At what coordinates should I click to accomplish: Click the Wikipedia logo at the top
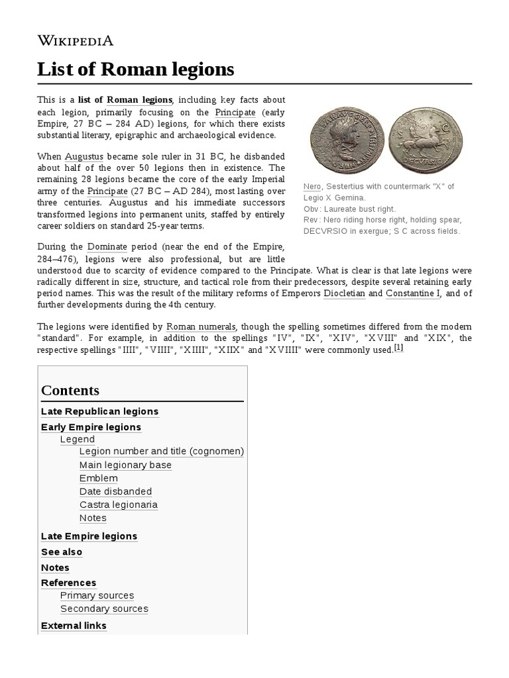coord(75,40)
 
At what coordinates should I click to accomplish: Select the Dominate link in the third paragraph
coord(107,246)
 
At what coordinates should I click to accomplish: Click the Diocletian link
coord(344,293)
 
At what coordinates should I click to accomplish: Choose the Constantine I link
coord(412,293)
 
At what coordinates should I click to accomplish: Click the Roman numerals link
coord(199,326)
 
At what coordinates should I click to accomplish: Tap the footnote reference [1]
coord(398,348)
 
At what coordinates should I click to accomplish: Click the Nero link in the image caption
coord(310,187)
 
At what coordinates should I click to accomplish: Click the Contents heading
coord(70,390)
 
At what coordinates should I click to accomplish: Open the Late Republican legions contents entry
coord(99,411)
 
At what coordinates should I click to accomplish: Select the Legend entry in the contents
coord(78,439)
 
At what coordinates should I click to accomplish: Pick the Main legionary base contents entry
coord(125,465)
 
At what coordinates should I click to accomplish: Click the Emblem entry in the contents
coord(98,478)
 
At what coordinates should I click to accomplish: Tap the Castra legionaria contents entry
coord(118,505)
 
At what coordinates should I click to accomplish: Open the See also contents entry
coord(62,552)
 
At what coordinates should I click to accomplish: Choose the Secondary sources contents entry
coord(104,608)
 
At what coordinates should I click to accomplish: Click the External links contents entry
coord(74,625)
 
